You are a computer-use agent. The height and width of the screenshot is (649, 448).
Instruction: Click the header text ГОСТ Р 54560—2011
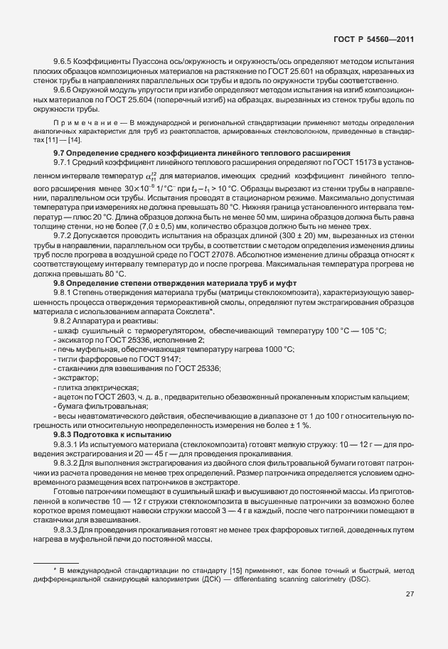click(x=374, y=40)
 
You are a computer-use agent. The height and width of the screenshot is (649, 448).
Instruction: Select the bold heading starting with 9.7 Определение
click(x=201, y=154)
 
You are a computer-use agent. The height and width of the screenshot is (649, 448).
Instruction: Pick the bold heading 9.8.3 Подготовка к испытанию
click(x=112, y=433)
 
